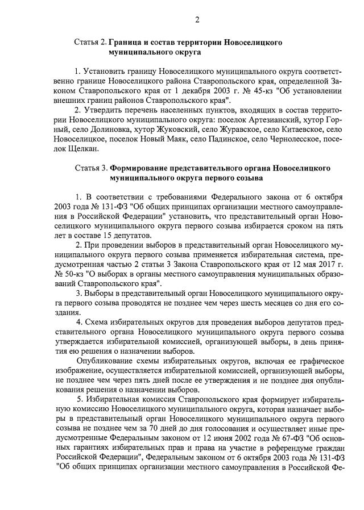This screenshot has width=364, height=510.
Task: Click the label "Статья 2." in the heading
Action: point(90,43)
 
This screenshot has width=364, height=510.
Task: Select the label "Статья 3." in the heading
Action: point(90,169)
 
